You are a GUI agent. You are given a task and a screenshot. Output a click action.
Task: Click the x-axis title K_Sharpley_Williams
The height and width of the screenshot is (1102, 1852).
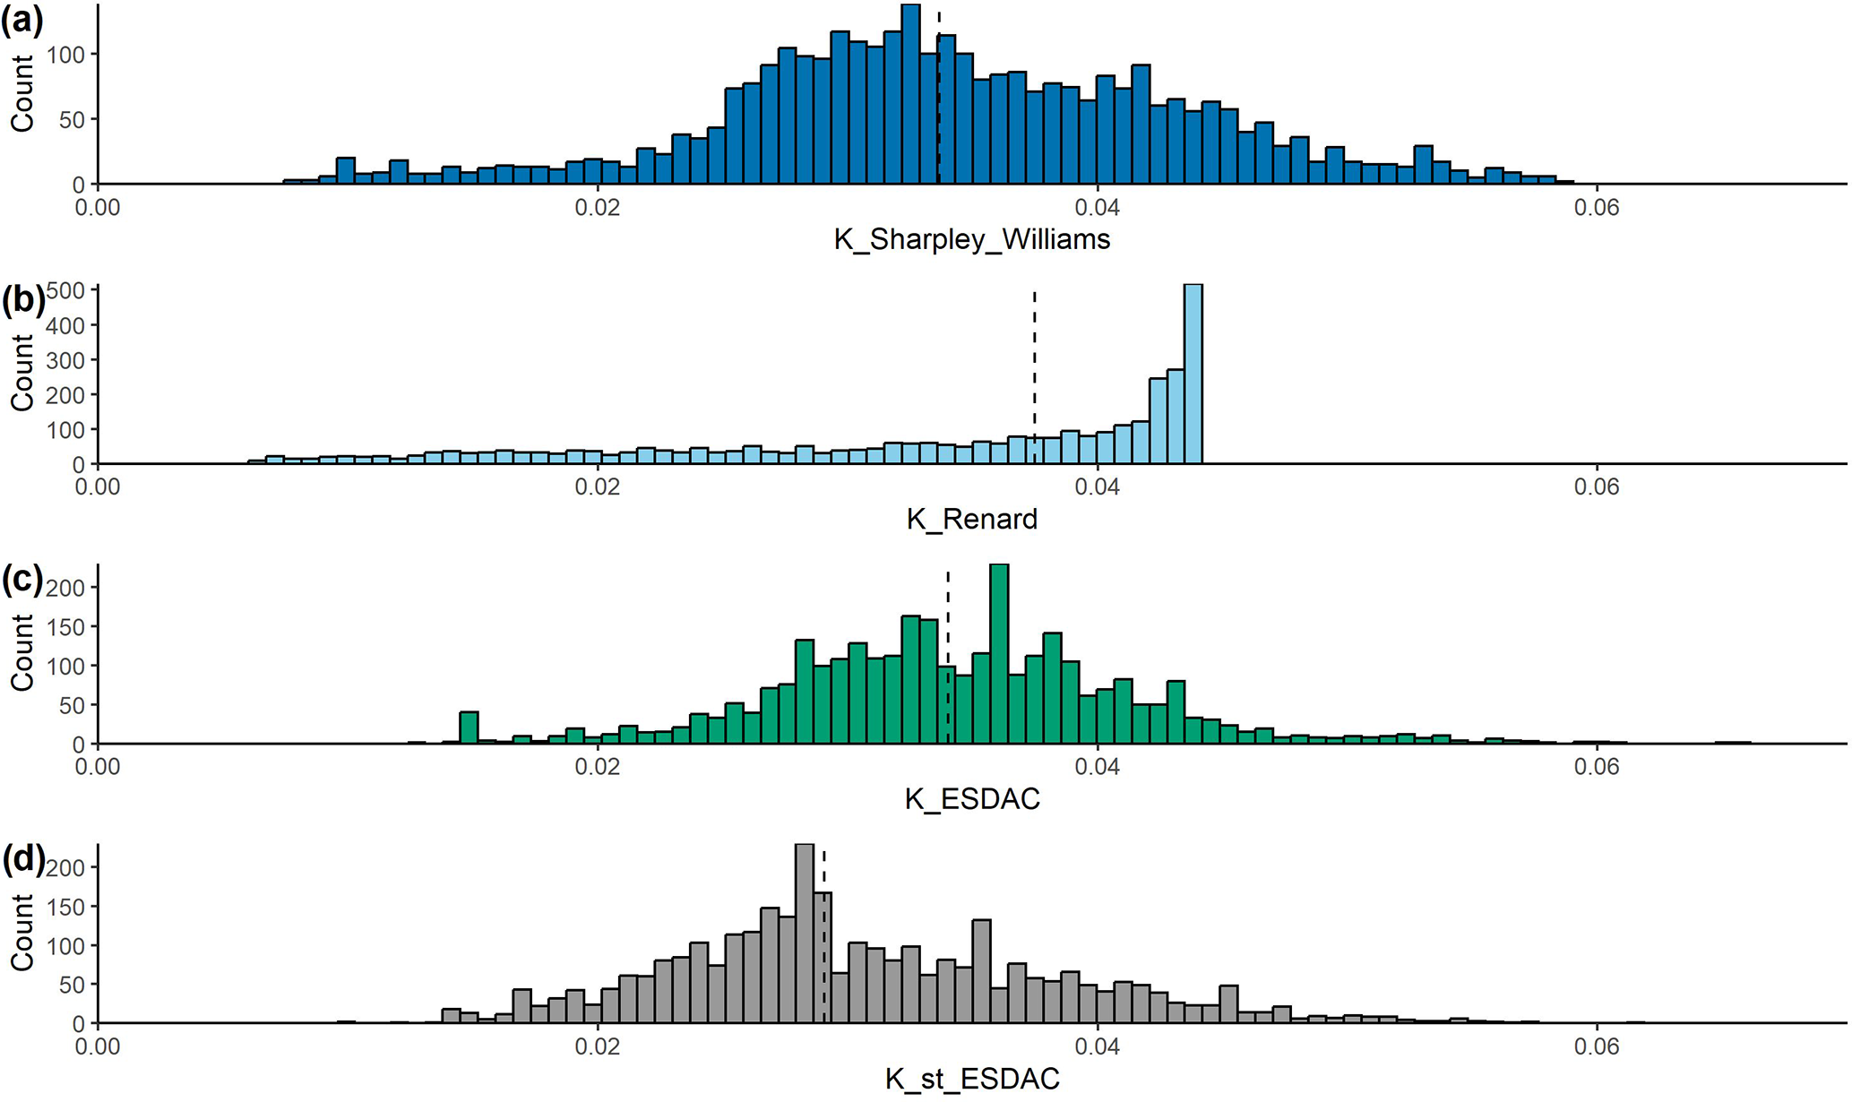pos(972,239)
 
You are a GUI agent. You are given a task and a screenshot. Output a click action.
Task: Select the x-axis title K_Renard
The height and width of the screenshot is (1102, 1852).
pos(972,519)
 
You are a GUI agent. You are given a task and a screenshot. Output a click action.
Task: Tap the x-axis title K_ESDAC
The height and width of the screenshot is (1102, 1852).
pos(972,798)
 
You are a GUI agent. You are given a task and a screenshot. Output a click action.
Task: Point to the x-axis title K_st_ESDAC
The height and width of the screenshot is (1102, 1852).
pos(972,1079)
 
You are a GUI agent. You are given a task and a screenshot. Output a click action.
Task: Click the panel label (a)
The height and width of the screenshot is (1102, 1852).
pos(22,20)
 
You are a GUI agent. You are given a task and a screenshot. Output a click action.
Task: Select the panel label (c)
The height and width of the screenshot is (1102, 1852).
pos(22,580)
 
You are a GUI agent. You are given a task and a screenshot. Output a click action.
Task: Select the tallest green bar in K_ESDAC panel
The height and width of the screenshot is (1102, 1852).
pos(999,654)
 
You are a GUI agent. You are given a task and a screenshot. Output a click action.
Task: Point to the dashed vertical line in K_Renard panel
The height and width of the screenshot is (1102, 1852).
pos(1035,376)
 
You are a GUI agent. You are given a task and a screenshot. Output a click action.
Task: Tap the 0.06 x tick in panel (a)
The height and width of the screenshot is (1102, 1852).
pos(1597,208)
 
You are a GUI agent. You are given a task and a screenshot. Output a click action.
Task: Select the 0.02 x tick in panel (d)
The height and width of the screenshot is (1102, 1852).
pos(597,1046)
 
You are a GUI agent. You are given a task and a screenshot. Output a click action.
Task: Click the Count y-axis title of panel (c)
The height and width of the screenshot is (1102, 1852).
pos(22,652)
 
